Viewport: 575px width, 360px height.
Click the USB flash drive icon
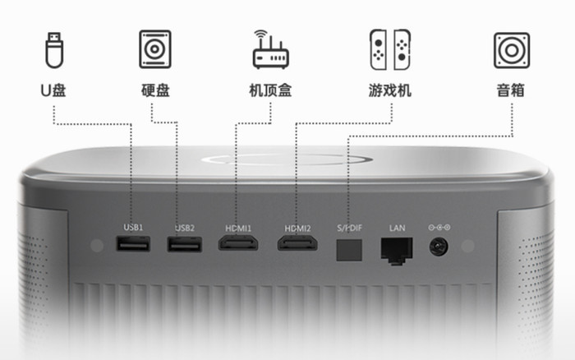(54, 50)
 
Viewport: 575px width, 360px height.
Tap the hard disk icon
(155, 49)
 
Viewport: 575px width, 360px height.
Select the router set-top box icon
(270, 49)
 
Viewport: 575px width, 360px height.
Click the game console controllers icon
(390, 49)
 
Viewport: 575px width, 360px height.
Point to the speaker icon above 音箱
(512, 50)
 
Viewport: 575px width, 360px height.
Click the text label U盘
(53, 90)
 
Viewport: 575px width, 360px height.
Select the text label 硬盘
(155, 90)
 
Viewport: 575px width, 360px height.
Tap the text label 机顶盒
(270, 90)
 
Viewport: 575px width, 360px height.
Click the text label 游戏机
(390, 90)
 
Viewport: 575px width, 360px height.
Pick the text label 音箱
(510, 90)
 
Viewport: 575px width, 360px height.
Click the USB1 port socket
(133, 244)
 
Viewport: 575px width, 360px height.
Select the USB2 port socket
(185, 244)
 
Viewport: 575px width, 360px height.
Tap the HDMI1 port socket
(238, 243)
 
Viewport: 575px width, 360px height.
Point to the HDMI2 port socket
(297, 243)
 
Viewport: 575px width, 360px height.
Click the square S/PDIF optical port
(349, 250)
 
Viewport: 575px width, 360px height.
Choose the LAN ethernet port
(397, 251)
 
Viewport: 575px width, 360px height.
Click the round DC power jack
(439, 247)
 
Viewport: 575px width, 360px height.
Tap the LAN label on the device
(397, 228)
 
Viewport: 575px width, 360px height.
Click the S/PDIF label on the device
(349, 228)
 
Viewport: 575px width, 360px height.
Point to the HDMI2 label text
(297, 228)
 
